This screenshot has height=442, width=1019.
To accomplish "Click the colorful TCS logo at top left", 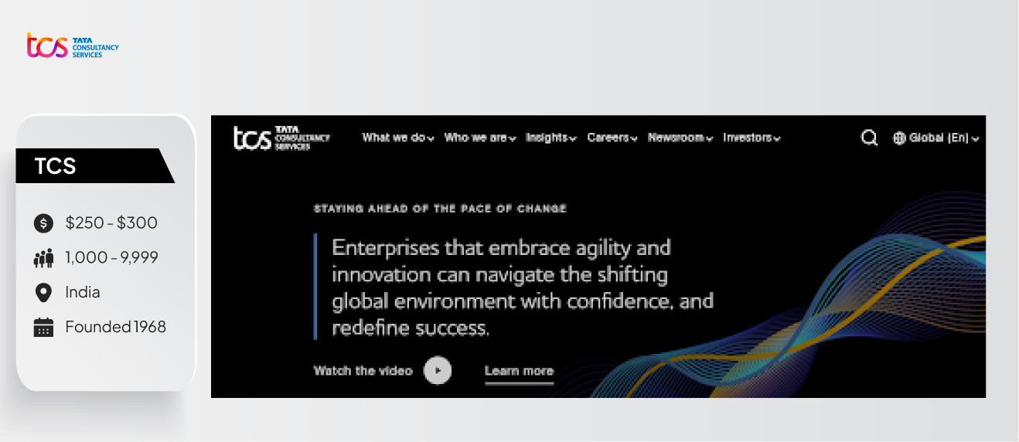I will coord(73,46).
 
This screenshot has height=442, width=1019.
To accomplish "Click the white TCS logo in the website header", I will coord(281,138).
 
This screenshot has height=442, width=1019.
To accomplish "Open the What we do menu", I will coord(397,138).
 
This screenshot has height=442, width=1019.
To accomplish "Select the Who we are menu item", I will coord(479,138).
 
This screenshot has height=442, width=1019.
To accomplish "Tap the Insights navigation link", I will coord(550,138).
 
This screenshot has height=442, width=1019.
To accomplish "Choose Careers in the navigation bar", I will coord(612,138).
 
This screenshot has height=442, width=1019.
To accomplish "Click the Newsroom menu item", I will coord(680,138).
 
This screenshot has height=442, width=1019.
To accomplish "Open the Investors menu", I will coord(751,138).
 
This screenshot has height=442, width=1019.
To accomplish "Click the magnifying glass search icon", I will coord(869,138).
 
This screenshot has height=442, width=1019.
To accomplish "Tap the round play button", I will coord(438,370).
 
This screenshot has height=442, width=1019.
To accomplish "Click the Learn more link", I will coord(519,371).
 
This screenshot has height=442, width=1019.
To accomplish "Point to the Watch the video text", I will coord(363,371).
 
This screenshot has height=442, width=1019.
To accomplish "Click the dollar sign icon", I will coord(43,223).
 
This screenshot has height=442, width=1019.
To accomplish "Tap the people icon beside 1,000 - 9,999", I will coord(43,258).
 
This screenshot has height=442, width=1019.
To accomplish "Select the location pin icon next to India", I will coord(43,292).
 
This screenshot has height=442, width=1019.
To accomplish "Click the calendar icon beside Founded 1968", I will coord(43,327).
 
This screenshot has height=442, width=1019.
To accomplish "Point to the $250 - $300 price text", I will coord(111,223).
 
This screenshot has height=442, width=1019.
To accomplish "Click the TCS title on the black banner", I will coord(55,165).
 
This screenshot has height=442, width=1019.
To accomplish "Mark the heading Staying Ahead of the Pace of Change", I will coord(440,209).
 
